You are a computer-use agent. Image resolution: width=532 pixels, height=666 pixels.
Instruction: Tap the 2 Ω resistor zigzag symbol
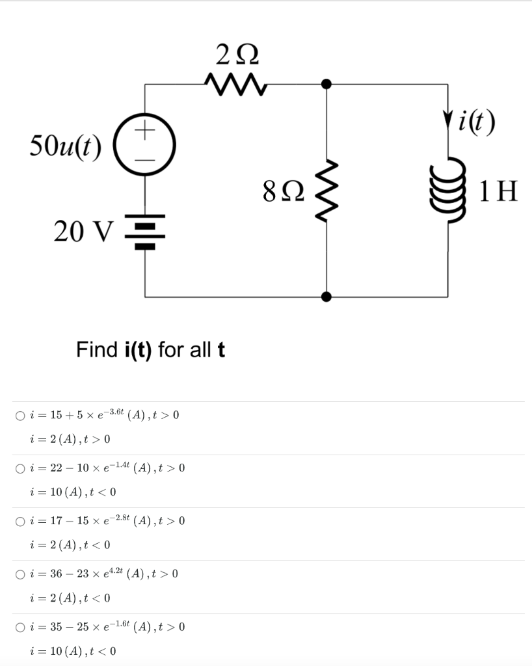tap(235, 83)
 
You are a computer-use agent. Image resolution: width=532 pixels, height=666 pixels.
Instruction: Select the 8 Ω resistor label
tap(284, 192)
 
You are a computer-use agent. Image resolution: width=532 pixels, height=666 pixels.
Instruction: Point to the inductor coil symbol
tap(446, 191)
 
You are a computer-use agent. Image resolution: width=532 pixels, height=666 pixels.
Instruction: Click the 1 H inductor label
tap(498, 191)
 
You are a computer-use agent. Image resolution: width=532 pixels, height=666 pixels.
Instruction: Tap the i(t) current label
tap(478, 121)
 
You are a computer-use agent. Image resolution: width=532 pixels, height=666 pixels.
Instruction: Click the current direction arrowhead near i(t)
tap(447, 121)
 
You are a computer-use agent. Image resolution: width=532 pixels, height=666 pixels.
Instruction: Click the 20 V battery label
tap(85, 230)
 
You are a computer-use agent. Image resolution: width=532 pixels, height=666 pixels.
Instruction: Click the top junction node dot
tap(326, 84)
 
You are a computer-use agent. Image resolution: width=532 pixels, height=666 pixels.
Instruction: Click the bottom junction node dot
tap(326, 297)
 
